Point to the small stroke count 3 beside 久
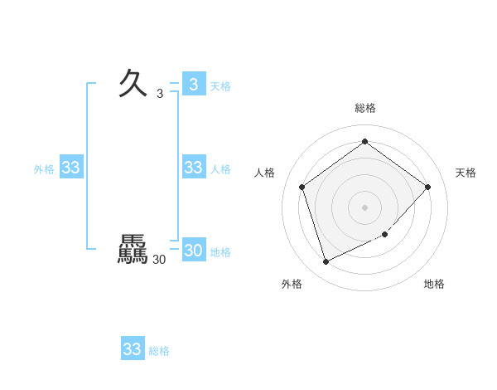tap(160, 94)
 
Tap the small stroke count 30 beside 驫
tap(159, 260)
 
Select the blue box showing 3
tap(193, 85)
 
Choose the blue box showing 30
tap(193, 251)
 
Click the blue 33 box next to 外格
tap(70, 168)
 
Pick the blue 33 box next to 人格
tap(193, 168)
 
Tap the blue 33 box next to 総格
tap(133, 349)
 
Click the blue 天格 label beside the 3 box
tap(220, 86)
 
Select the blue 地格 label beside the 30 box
tap(220, 252)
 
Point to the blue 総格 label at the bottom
tap(159, 351)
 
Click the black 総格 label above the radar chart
tap(364, 108)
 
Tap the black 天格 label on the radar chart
tap(466, 173)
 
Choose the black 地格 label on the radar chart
tap(434, 284)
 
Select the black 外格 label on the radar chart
tap(292, 284)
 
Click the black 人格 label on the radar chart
tap(265, 173)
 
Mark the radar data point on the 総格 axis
tap(364, 141)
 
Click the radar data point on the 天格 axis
tap(427, 187)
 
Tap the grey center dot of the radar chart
tap(364, 207)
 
